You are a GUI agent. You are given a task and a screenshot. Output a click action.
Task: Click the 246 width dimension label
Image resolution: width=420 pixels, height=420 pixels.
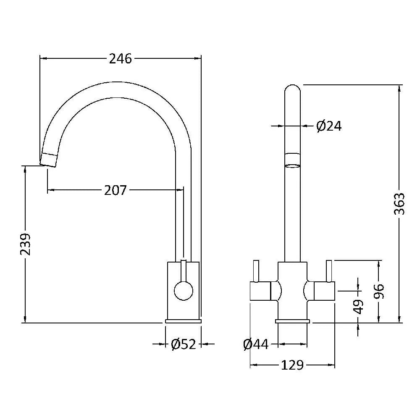pos(120,59)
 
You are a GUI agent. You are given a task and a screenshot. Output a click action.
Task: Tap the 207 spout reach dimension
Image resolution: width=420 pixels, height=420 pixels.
pos(115,190)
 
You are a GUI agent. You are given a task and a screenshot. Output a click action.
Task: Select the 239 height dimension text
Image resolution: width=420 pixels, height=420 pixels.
pos(26,244)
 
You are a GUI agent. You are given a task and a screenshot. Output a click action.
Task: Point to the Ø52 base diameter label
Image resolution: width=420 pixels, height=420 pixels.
pos(184,344)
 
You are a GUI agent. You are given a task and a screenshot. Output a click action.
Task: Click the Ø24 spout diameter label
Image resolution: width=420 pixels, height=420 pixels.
pos(329,126)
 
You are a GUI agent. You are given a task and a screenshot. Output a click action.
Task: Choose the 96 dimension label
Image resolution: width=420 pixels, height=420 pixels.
pos(379,291)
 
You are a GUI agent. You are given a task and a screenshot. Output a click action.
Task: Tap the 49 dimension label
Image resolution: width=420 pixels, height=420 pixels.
pos(358,307)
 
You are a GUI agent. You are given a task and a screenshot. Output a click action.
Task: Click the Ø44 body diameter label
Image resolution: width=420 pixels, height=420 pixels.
pos(256,344)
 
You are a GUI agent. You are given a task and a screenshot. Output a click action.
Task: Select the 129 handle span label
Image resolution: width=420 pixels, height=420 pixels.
pos(292,365)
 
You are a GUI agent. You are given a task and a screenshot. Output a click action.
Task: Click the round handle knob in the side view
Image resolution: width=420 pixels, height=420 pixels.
pos(184,291)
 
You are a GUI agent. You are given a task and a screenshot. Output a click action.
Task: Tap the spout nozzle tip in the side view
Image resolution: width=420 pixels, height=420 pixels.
pos(48,160)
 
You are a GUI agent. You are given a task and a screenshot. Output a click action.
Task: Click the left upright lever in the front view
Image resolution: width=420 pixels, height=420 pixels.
pos(256,271)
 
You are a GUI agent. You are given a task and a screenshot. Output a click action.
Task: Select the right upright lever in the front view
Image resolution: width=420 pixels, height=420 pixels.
pos(329,271)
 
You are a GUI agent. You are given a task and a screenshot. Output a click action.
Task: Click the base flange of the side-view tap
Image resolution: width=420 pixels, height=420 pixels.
pos(183,321)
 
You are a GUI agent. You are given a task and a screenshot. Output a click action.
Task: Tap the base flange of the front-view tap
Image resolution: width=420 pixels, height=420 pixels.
pos(292,321)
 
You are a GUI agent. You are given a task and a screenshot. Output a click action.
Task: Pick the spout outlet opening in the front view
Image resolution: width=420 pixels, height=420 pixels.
pos(292,166)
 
